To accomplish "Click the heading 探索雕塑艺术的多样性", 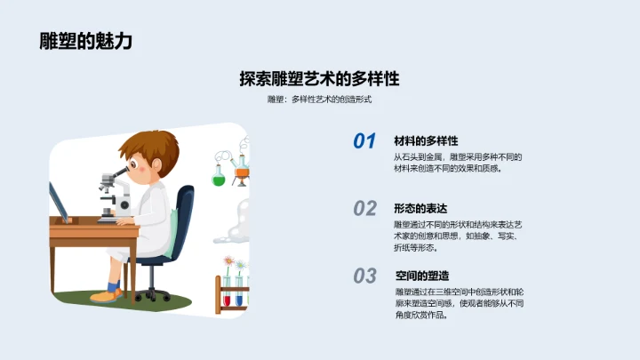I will coord(319,78).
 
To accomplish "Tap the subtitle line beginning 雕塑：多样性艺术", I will coord(319,100).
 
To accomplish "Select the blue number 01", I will coord(364,141).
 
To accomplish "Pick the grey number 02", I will coord(364,209).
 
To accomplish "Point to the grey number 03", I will coord(364,276).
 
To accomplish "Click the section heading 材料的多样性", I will coord(426,140).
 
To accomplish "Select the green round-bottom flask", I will coord(219,176).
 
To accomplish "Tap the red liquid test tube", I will coord(228,298).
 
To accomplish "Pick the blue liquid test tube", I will coord(239,298).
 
